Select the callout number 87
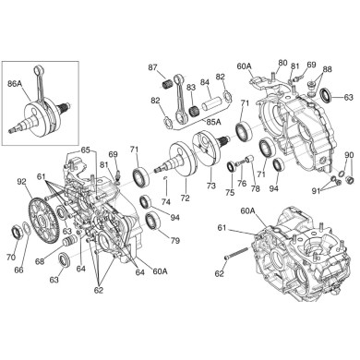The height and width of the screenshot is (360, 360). point(153,66)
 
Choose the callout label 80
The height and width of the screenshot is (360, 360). point(282,63)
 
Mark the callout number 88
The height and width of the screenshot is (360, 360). point(327,70)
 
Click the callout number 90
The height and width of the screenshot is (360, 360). point(349,154)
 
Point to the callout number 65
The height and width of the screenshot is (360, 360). point(85,150)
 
